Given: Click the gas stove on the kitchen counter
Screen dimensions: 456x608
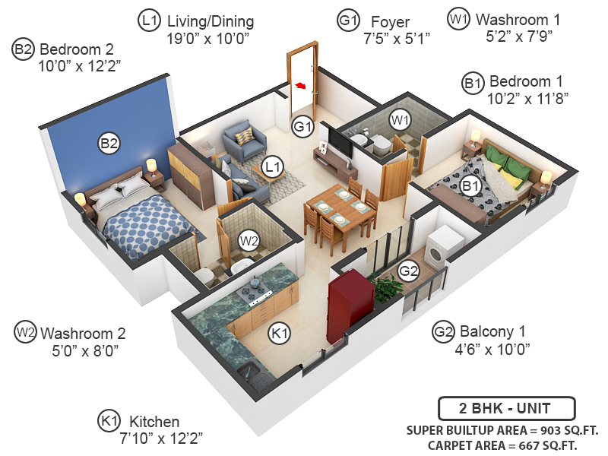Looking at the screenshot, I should pyautogui.click(x=256, y=293).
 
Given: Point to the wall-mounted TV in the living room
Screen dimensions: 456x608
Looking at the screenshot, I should pyautogui.click(x=340, y=142).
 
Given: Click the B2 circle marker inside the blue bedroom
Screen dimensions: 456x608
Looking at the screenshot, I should pyautogui.click(x=109, y=142).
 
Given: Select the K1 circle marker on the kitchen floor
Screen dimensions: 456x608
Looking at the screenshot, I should pyautogui.click(x=280, y=333).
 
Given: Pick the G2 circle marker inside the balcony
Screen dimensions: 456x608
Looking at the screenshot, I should pyautogui.click(x=409, y=271).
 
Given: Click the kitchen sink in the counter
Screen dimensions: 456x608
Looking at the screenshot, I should pyautogui.click(x=251, y=372).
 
